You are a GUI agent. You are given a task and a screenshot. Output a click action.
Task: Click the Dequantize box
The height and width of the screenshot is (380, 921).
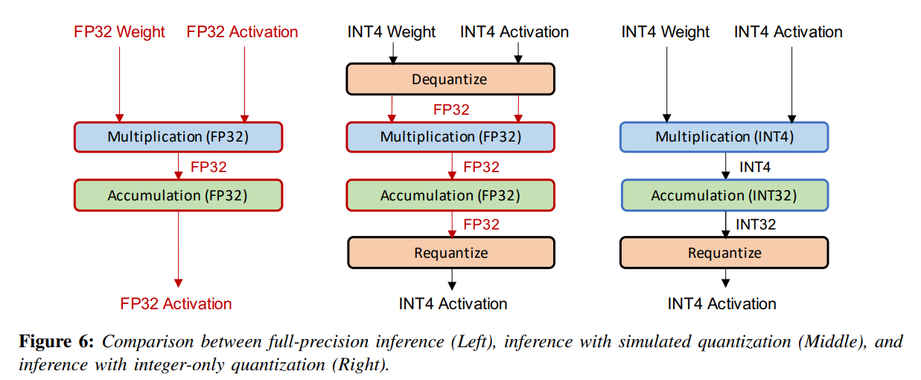pyautogui.click(x=450, y=79)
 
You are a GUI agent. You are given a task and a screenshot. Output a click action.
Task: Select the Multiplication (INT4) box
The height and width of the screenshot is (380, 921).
pyautogui.click(x=724, y=137)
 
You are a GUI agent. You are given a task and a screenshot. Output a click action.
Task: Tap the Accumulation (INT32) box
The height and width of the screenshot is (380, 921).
pyautogui.click(x=724, y=196)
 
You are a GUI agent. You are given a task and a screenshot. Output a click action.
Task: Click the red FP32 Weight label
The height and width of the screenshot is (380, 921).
pyautogui.click(x=119, y=32)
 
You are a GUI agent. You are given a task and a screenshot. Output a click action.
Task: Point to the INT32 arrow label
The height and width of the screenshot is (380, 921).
pyautogui.click(x=756, y=224)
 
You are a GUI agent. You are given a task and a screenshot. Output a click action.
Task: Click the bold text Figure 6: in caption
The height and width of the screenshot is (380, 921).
pyautogui.click(x=57, y=342)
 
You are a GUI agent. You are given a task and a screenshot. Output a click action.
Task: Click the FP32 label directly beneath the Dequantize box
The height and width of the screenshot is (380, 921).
pyautogui.click(x=451, y=110)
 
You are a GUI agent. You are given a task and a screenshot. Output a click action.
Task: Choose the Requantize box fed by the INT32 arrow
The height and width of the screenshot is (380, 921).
pyautogui.click(x=724, y=253)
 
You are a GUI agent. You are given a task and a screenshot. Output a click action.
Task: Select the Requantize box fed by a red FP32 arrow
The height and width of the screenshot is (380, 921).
pyautogui.click(x=450, y=253)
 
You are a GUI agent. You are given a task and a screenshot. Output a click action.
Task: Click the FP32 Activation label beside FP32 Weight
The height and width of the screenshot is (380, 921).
pyautogui.click(x=242, y=32)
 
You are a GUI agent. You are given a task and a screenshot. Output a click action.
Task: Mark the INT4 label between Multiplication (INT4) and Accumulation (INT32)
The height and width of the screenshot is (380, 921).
pyautogui.click(x=754, y=168)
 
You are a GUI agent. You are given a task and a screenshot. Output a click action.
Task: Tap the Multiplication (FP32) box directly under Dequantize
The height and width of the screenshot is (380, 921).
pyautogui.click(x=450, y=137)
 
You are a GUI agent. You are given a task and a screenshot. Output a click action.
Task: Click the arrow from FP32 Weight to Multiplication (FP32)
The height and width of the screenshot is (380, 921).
pyautogui.click(x=118, y=82)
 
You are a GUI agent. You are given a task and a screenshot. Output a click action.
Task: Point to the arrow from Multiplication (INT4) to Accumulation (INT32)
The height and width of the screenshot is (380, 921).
pyautogui.click(x=725, y=165)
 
